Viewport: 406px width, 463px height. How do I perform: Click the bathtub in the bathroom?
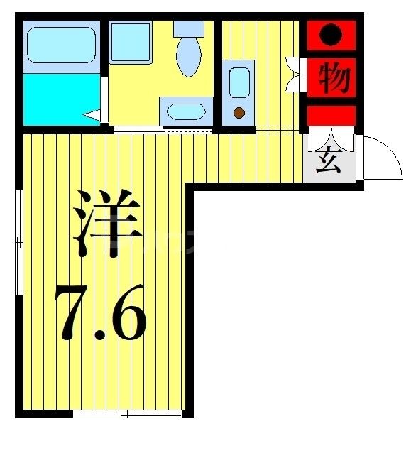click(60, 45)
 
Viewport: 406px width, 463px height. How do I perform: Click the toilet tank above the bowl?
click(189, 28)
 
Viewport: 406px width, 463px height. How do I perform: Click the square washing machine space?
click(130, 44)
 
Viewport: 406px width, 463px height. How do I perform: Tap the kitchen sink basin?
click(239, 82)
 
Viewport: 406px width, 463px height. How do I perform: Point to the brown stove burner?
click(239, 112)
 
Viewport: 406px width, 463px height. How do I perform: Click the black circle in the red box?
click(331, 34)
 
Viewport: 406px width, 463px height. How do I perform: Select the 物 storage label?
click(331, 77)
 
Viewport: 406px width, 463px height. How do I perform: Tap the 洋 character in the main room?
click(106, 224)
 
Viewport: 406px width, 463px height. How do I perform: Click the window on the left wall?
click(19, 241)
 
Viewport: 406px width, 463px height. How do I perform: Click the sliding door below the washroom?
click(163, 130)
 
